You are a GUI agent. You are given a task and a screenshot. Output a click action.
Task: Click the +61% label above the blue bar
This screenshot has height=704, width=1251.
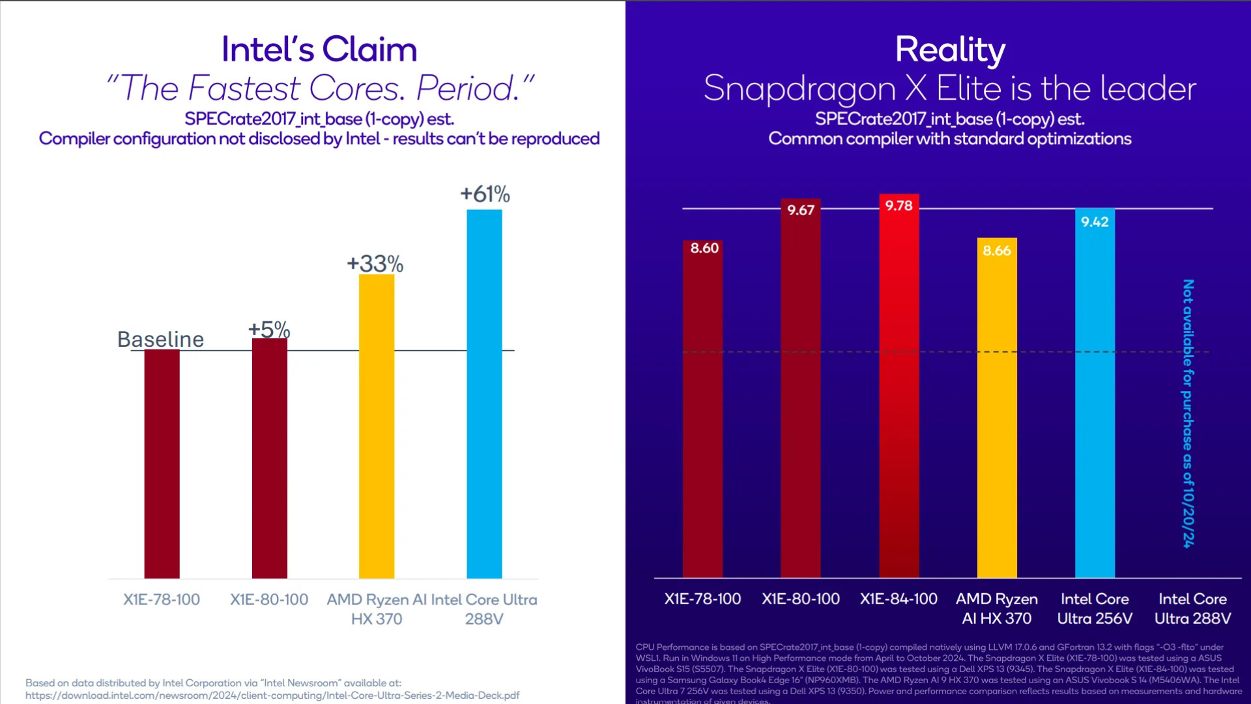pyautogui.click(x=485, y=194)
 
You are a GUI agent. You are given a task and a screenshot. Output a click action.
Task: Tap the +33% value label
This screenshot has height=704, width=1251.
pyautogui.click(x=375, y=264)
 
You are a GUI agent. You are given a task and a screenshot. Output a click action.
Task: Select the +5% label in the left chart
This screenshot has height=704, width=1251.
pyautogui.click(x=269, y=329)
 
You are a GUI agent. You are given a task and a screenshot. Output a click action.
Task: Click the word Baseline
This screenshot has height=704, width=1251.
pyautogui.click(x=160, y=340)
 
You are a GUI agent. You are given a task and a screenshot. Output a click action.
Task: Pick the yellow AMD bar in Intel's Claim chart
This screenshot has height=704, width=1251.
pyautogui.click(x=377, y=426)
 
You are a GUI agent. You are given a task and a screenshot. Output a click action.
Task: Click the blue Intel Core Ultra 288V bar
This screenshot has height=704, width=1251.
pyautogui.click(x=484, y=394)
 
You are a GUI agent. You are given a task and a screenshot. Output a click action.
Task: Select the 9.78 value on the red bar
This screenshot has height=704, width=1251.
pyautogui.click(x=899, y=206)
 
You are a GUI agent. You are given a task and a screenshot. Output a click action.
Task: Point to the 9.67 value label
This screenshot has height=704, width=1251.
pyautogui.click(x=801, y=210)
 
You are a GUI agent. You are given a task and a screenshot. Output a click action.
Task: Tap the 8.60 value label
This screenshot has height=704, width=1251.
pyautogui.click(x=704, y=248)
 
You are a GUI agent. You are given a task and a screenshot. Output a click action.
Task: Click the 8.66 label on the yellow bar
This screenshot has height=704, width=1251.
pyautogui.click(x=997, y=251)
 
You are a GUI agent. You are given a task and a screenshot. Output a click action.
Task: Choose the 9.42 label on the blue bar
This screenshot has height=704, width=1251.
pyautogui.click(x=1095, y=222)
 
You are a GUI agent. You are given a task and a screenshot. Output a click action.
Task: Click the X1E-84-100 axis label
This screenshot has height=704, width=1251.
pyautogui.click(x=899, y=599)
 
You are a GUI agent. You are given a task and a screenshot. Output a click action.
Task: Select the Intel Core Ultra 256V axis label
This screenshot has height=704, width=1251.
pyautogui.click(x=1095, y=609)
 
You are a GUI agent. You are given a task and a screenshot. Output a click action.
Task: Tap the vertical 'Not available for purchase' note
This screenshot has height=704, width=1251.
pyautogui.click(x=1188, y=413)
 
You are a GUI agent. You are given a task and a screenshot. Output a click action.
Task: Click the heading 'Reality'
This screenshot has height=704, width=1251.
pyautogui.click(x=950, y=50)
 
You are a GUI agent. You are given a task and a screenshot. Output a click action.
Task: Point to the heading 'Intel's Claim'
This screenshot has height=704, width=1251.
pyautogui.click(x=319, y=50)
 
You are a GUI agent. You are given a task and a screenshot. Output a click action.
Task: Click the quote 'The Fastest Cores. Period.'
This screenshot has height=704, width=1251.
pyautogui.click(x=319, y=88)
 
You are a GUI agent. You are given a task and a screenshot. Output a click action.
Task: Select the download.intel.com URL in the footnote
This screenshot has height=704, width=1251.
pyautogui.click(x=272, y=696)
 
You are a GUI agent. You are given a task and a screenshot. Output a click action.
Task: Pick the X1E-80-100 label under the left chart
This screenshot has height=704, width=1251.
pyautogui.click(x=269, y=600)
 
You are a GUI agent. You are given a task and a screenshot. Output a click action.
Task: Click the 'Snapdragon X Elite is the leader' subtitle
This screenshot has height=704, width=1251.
pyautogui.click(x=950, y=89)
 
